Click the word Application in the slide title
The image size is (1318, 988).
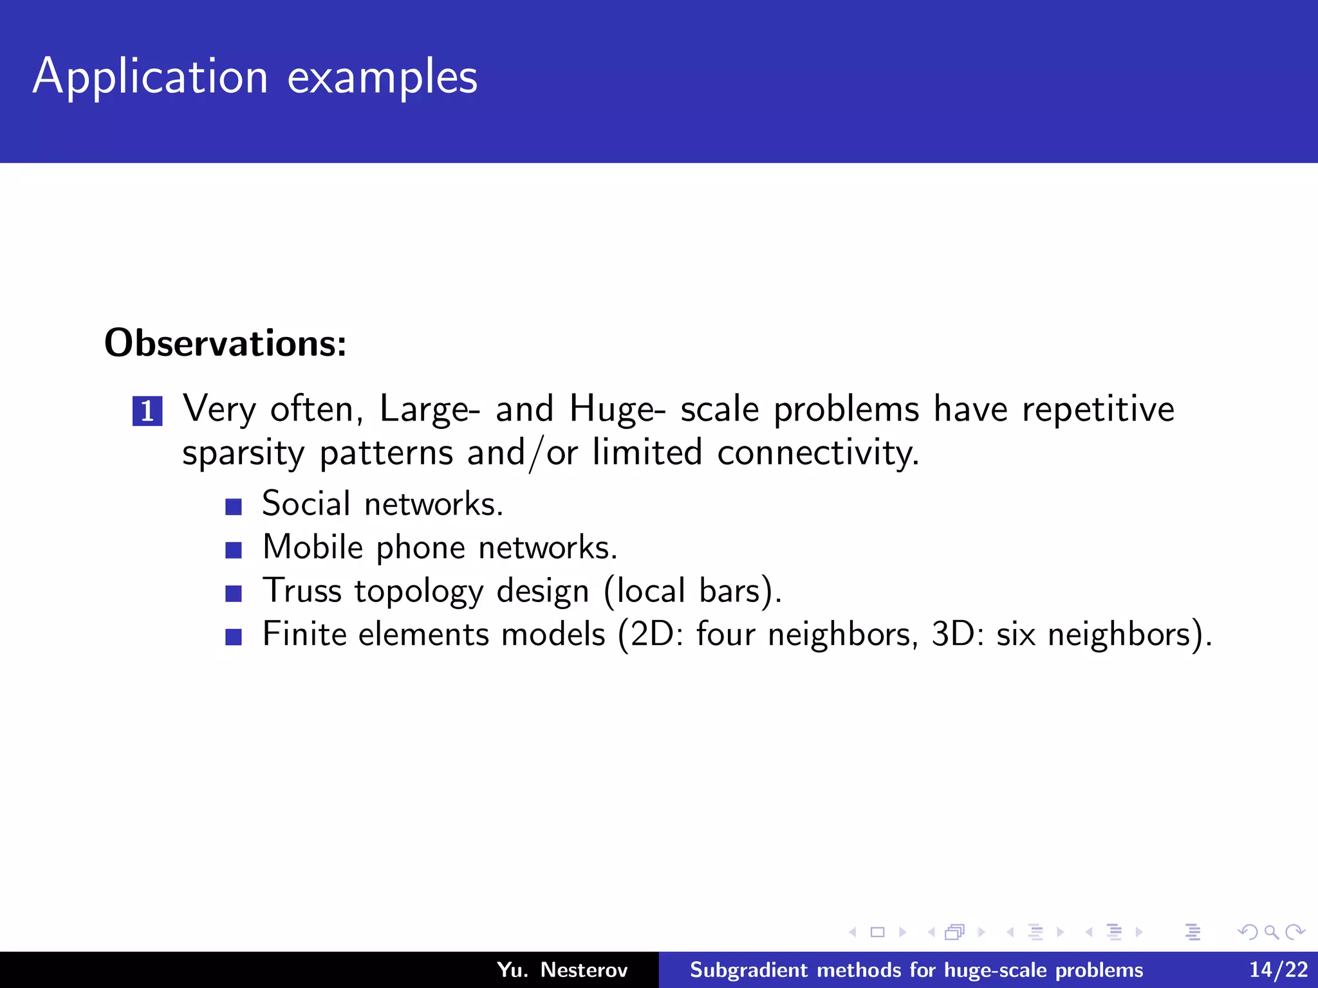tap(150, 77)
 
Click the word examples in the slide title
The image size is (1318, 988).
tap(382, 77)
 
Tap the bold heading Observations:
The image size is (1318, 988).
tap(225, 343)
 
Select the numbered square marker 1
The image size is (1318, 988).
tap(147, 411)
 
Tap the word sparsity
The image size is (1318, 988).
tap(243, 453)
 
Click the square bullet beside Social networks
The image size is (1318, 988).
tap(234, 507)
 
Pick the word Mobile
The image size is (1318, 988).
tap(313, 547)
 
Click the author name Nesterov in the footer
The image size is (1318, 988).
tap(584, 970)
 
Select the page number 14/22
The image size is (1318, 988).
tap(1278, 970)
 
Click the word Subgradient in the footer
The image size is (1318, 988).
tap(748, 970)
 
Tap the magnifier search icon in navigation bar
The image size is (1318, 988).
tap(1271, 932)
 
